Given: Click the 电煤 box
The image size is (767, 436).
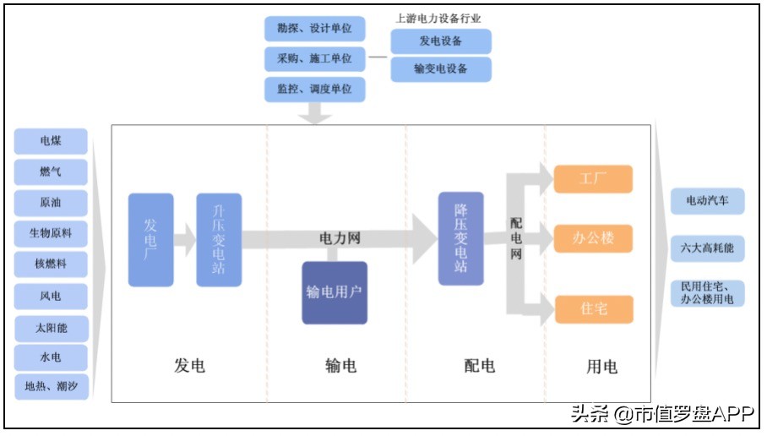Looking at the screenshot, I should [x=51, y=140].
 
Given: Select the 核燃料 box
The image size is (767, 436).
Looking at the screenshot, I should [x=51, y=264].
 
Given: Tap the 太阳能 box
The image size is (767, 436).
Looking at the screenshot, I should [x=51, y=327].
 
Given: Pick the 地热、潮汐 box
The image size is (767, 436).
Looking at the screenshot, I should [x=51, y=387].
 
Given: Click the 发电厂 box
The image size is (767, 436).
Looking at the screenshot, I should [x=150, y=239].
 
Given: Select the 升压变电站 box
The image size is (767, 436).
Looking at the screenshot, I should [x=219, y=239].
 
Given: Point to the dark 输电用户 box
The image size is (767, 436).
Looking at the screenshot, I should [x=335, y=292].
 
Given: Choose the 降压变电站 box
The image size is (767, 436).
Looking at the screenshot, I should [x=460, y=237].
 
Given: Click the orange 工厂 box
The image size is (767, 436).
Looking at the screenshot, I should [x=593, y=179].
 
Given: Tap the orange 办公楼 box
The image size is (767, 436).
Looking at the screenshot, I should [x=593, y=238].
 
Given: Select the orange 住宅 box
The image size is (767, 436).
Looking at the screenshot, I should [x=593, y=309].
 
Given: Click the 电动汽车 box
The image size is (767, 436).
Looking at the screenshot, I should [x=707, y=201].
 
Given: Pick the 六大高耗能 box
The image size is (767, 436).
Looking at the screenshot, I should [x=707, y=248].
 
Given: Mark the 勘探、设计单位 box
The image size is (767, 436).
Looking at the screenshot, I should [x=314, y=28].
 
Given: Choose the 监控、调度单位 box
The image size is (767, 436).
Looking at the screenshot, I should [x=314, y=88].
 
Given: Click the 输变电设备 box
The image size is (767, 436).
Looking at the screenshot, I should [x=440, y=69].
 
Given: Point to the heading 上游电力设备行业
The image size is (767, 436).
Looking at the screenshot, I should [x=438, y=18].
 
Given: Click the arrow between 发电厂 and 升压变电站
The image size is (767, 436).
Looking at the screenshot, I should [x=185, y=240].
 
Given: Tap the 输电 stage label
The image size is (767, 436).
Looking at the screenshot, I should [x=340, y=366].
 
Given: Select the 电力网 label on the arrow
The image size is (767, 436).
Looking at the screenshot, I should [x=340, y=238].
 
